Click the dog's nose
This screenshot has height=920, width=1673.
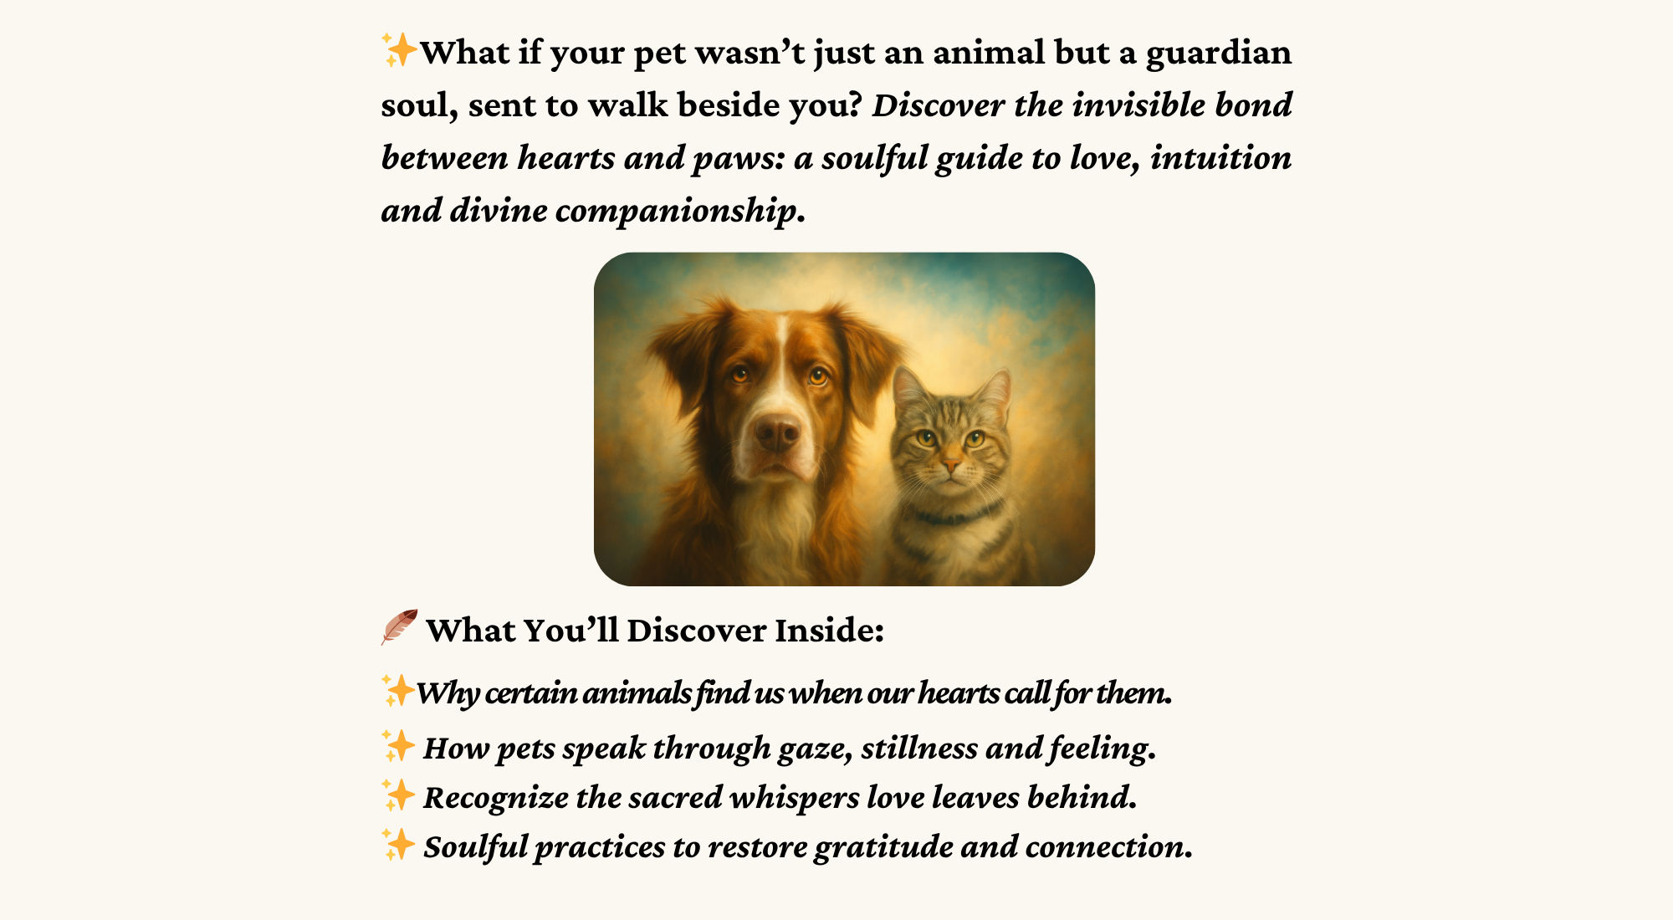[x=777, y=432]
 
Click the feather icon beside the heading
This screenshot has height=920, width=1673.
[x=399, y=627]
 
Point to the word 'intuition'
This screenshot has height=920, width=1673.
[x=1220, y=157]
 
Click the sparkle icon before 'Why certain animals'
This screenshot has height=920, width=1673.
[x=398, y=691]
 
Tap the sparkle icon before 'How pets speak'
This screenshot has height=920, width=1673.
[x=398, y=745]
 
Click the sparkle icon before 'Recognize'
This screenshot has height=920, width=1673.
[x=398, y=795]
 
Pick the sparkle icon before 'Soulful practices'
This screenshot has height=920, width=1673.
[x=398, y=844]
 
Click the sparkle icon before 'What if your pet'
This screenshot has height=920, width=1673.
[x=399, y=50]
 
